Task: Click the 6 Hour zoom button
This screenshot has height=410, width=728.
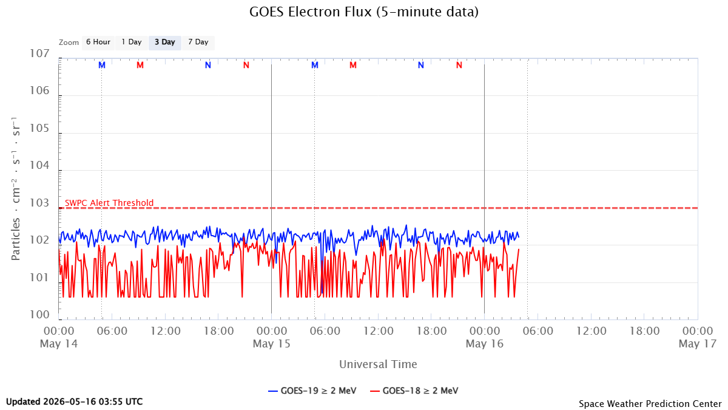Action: click(98, 43)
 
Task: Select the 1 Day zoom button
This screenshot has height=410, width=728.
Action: click(132, 43)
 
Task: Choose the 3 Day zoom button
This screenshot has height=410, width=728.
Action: click(165, 43)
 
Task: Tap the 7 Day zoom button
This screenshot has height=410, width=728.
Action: click(198, 43)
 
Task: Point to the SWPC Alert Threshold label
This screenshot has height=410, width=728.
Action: click(109, 203)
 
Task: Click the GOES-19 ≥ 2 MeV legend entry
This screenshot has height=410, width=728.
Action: click(312, 391)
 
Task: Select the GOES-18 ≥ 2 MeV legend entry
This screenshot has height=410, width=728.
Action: click(414, 391)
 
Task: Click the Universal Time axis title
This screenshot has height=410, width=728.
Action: click(378, 364)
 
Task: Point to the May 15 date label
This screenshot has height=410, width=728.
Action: click(272, 344)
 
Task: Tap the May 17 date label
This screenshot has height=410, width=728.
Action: click(698, 344)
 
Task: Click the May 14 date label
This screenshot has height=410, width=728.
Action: click(59, 344)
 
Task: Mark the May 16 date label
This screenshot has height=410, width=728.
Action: click(485, 344)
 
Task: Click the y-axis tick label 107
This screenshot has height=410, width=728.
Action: click(39, 53)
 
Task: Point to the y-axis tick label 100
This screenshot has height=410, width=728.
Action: click(39, 315)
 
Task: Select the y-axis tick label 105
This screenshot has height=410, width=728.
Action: click(39, 128)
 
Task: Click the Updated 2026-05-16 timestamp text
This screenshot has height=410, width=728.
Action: click(75, 401)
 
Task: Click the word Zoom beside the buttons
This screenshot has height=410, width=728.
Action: click(69, 43)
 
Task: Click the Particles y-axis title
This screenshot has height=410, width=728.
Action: click(16, 189)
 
